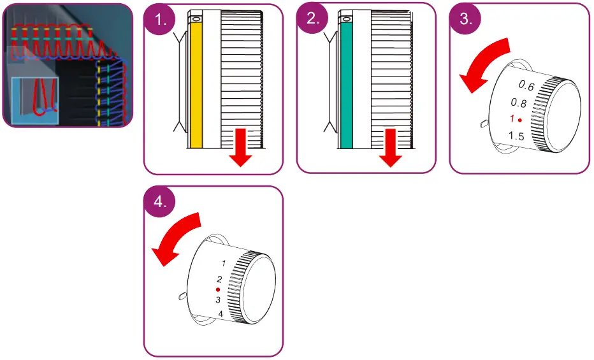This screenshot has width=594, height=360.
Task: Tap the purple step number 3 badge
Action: [x=465, y=18]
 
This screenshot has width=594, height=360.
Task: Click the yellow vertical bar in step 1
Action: [x=196, y=86]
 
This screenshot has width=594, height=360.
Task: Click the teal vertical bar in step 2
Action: [x=347, y=86]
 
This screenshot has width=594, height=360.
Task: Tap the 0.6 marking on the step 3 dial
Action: [x=526, y=85]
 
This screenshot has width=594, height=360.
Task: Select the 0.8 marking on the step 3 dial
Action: [x=518, y=103]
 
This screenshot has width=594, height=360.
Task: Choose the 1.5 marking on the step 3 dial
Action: [x=516, y=136]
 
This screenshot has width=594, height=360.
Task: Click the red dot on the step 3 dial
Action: [x=521, y=120]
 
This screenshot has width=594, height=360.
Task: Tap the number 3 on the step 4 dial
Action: [x=218, y=299]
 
